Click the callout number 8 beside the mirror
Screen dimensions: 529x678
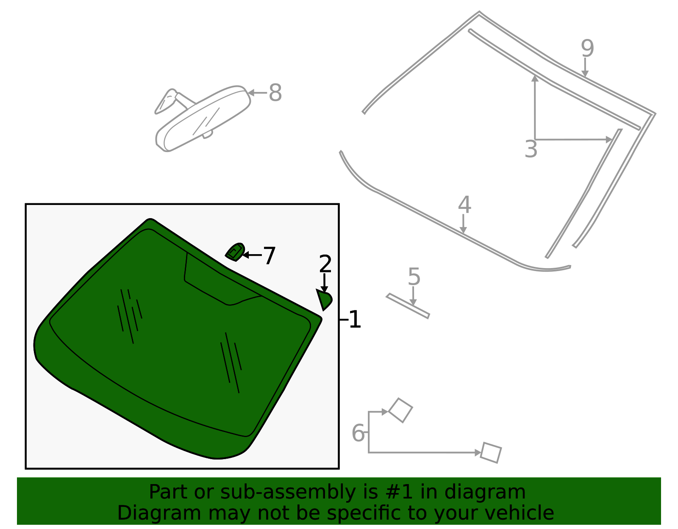[275, 93]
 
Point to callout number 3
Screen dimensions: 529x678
[531, 149]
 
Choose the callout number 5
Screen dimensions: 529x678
[414, 277]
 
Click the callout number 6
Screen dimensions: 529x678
[358, 433]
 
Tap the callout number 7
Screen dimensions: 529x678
[270, 256]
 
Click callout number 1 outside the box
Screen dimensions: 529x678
[355, 319]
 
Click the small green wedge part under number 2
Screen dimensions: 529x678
[325, 299]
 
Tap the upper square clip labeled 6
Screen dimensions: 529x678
[400, 410]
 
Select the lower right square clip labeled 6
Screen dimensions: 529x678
[491, 453]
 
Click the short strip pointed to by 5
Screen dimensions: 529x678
[408, 305]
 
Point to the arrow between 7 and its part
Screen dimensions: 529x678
[253, 255]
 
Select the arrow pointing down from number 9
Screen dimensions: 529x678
[585, 68]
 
